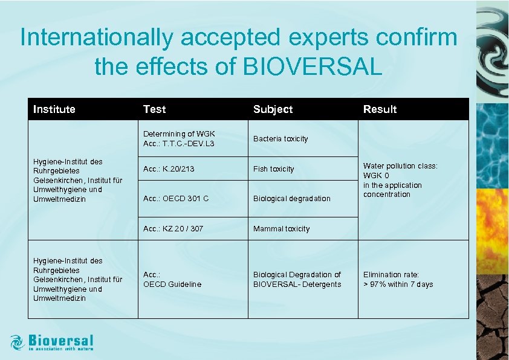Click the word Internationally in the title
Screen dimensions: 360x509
point(97,37)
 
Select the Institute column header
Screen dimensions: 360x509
point(54,109)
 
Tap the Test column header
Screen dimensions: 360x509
point(154,109)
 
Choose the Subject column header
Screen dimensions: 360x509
point(273,109)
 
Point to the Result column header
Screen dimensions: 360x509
point(380,109)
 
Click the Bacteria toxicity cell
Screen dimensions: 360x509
point(280,139)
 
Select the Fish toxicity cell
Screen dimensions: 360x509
point(274,169)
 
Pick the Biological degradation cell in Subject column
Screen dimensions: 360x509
point(292,199)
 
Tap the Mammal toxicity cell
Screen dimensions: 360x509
point(281,229)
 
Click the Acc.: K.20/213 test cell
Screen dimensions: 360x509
point(169,169)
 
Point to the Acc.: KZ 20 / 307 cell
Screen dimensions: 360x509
point(173,229)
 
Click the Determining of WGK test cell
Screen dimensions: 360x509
point(179,139)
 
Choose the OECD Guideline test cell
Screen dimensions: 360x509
point(172,280)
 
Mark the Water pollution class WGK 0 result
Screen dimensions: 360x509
point(400,180)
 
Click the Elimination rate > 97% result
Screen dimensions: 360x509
point(398,280)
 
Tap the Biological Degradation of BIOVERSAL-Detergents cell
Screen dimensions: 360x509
point(297,280)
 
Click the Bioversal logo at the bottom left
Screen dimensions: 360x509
point(52,342)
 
